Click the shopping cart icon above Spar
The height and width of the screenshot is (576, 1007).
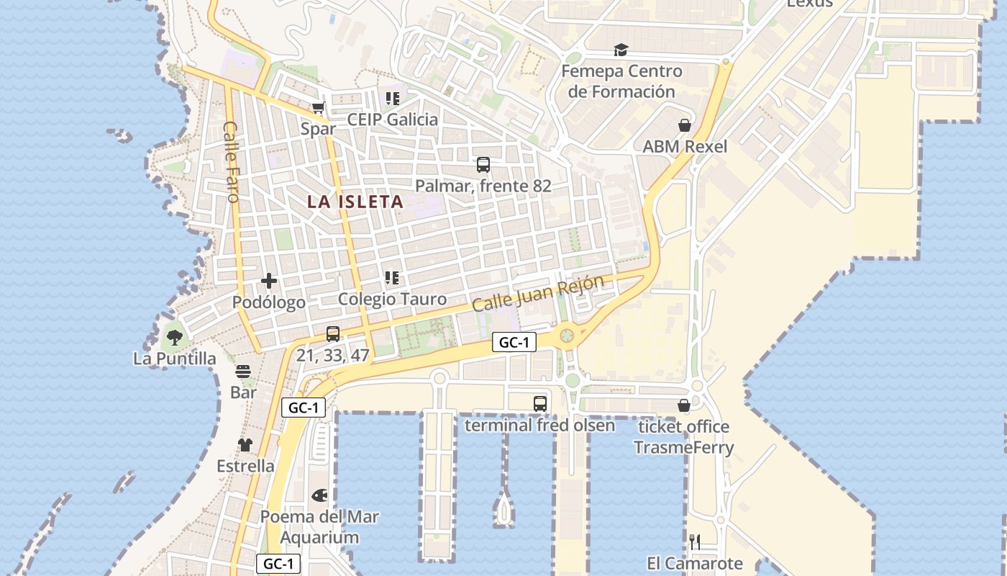pos(318,108)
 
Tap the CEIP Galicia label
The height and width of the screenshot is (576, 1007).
pos(392,120)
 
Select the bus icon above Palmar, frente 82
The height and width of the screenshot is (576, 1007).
pos(483,165)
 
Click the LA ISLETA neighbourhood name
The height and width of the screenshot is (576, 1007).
pos(355,202)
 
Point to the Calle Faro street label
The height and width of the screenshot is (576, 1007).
pos(231,161)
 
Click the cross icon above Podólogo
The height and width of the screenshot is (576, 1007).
pos(269,281)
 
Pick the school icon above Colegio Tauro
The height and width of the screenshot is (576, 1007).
pos(392,278)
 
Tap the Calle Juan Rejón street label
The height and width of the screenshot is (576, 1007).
pos(538,293)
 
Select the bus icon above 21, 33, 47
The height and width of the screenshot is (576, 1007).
pos(332,334)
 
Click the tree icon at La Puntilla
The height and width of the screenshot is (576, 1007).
pos(174,337)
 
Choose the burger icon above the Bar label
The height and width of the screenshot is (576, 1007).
pos(243,372)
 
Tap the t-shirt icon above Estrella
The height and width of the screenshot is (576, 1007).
pos(245,445)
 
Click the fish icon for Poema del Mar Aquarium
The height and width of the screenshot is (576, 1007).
pos(319,495)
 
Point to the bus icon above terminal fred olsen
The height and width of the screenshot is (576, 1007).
pos(540,404)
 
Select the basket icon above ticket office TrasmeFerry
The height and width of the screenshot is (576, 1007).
pos(684,405)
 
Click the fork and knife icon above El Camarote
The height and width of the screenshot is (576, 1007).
pos(695,542)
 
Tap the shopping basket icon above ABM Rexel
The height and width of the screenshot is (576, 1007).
pos(685,125)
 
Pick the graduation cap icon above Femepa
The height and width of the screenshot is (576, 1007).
pos(621,50)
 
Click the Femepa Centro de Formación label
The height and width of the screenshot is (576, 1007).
pos(621,81)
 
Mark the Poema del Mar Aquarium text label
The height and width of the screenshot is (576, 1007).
pos(319,527)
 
